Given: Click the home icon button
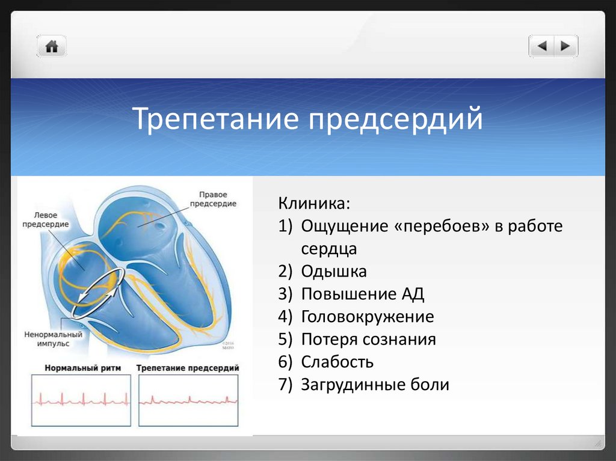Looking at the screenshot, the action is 52,46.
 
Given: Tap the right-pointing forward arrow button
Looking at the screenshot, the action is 565,46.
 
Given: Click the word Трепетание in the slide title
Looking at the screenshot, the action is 216,118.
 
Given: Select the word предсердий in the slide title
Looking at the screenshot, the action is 395,118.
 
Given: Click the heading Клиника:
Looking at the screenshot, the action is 314,203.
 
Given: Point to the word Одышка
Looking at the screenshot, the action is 334,271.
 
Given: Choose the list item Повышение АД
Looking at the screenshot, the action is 363,294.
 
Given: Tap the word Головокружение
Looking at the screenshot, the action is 368,317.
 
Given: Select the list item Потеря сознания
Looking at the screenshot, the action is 369,339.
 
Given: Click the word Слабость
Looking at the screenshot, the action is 337,362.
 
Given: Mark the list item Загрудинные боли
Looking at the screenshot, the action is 375,385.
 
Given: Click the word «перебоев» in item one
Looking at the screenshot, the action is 442,226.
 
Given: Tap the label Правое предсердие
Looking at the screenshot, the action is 213,199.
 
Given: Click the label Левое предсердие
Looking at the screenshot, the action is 46,219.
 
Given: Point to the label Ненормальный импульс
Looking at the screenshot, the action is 54,339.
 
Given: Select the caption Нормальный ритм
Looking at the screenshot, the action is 82,368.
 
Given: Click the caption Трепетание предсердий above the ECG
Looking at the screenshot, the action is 188,368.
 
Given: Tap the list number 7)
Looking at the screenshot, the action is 286,385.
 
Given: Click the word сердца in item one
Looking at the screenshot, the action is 329,249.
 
